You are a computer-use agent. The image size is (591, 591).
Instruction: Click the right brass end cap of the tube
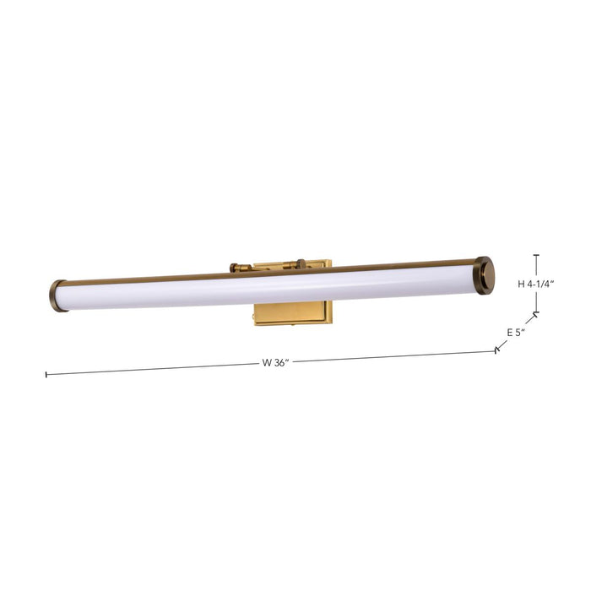(484, 274)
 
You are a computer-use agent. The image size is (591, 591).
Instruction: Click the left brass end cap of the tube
(57, 295)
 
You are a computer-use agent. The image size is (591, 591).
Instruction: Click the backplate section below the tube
(292, 312)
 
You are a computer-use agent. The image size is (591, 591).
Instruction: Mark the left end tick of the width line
(46, 374)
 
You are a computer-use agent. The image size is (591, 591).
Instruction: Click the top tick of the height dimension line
(536, 255)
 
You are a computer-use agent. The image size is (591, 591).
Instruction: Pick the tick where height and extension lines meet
(536, 314)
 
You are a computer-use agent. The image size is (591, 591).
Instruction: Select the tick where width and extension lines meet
(497, 350)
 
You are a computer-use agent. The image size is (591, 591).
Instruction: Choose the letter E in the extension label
(510, 332)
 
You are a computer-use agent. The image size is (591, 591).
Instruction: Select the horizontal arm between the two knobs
(268, 267)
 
